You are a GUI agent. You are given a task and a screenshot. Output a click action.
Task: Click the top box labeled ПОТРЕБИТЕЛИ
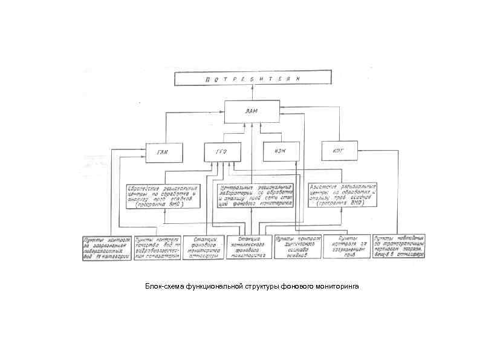click(x=253, y=78)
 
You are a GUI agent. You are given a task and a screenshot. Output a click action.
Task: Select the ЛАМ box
click(x=252, y=111)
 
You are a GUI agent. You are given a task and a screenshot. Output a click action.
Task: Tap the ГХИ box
click(x=163, y=151)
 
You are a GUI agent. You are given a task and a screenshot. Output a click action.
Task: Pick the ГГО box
click(x=220, y=151)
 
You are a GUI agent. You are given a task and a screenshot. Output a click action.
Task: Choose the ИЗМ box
click(x=281, y=151)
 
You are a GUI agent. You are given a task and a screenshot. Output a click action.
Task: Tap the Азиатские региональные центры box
click(x=343, y=196)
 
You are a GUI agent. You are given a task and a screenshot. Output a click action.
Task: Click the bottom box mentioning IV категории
click(x=106, y=247)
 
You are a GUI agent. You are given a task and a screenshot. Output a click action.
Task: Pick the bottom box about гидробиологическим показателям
click(x=157, y=247)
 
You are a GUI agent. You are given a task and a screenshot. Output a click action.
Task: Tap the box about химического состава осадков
click(x=296, y=247)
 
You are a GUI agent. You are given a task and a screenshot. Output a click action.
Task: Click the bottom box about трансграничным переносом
click(x=399, y=247)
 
